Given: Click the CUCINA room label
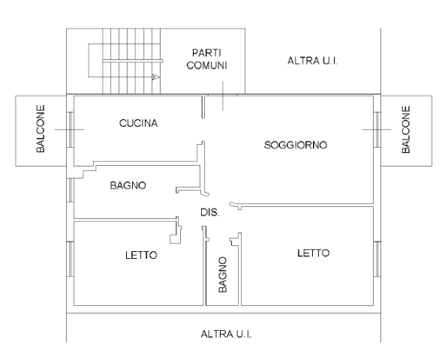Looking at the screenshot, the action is point(138,123).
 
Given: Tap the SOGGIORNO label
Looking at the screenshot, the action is point(296,145).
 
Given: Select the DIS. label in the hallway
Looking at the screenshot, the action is point(210,212).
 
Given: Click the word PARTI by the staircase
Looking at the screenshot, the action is point(206,53).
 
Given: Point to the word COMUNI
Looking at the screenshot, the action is point(206,65).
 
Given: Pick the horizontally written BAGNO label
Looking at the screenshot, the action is point(128,185).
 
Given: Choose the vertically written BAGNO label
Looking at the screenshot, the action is point(223,274).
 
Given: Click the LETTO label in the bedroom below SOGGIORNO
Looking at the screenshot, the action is point(314,253).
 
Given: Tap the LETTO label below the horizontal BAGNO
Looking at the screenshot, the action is point(141,255).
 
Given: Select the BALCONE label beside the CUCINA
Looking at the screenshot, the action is point(41,129).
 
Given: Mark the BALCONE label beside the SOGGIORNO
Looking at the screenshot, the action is point(406,130).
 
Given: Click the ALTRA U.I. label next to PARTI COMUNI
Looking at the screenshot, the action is point(313,61).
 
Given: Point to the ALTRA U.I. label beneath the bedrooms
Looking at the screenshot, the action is point(226,334).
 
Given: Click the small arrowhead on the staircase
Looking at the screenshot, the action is point(156,76).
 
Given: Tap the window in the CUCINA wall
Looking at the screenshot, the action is point(71,130).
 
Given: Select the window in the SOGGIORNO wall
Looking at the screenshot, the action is point(377,130).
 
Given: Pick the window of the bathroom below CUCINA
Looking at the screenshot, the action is point(71,190).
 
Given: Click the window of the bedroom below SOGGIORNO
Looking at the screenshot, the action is point(377,259).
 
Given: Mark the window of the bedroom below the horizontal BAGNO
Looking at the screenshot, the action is point(71,259).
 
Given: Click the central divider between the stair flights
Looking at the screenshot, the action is point(133,61).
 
